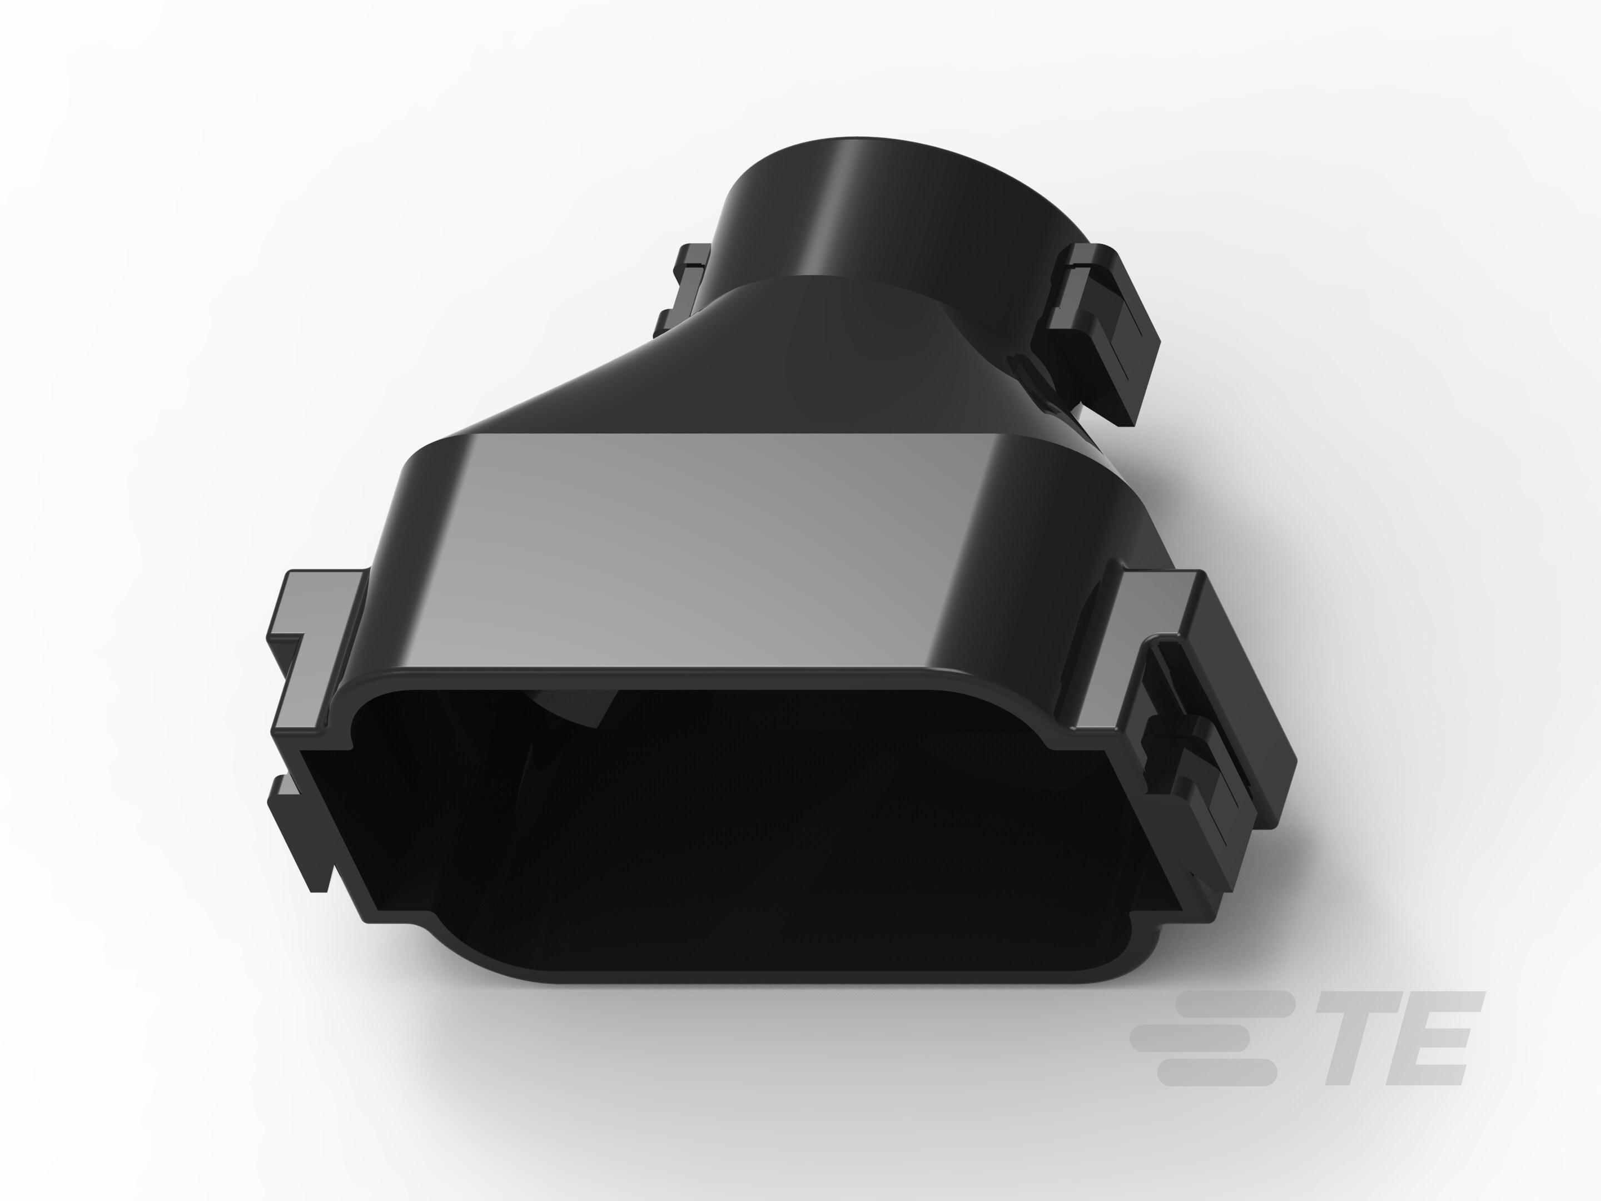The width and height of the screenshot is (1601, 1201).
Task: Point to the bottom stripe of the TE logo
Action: coord(1216,1072)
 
